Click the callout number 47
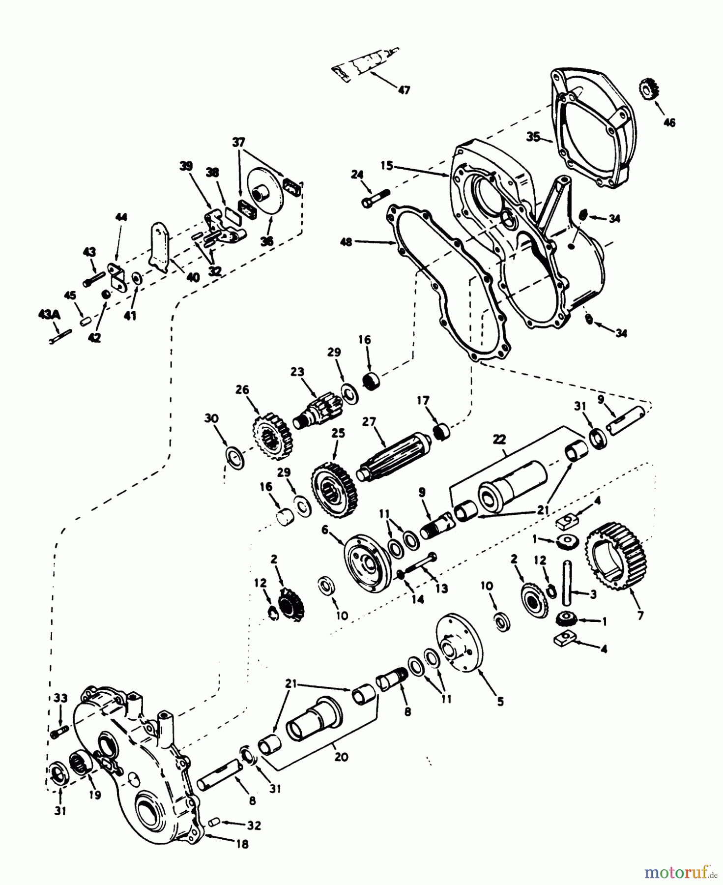(405, 90)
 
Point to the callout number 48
(347, 242)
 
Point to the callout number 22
(500, 440)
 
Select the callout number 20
(341, 757)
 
